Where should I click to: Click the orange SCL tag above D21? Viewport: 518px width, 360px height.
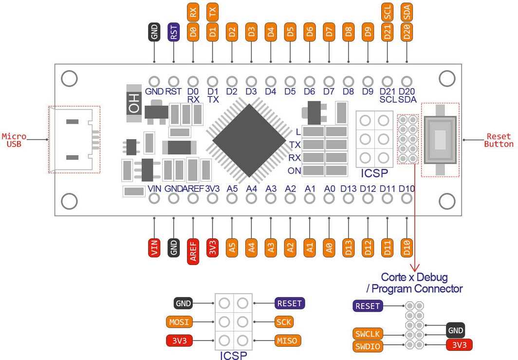pyautogui.click(x=388, y=12)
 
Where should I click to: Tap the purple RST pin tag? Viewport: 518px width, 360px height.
pyautogui.click(x=174, y=32)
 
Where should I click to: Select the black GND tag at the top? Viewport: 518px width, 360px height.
pyautogui.click(x=154, y=32)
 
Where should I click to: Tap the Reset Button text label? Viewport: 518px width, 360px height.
pyautogui.click(x=500, y=140)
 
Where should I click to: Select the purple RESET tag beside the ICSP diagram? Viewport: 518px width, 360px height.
pyautogui.click(x=290, y=303)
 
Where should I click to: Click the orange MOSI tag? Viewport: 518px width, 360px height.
pyautogui.click(x=179, y=322)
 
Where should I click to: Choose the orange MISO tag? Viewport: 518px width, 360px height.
pyautogui.click(x=288, y=340)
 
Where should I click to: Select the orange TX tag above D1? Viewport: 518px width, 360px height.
pyautogui.click(x=212, y=12)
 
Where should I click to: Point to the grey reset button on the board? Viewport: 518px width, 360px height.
pyautogui.click(x=440, y=140)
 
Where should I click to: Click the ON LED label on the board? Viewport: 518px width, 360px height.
pyautogui.click(x=295, y=171)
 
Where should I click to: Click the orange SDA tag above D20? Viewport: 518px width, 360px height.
pyautogui.click(x=407, y=12)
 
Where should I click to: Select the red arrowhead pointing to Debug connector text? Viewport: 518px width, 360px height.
pyautogui.click(x=415, y=267)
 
